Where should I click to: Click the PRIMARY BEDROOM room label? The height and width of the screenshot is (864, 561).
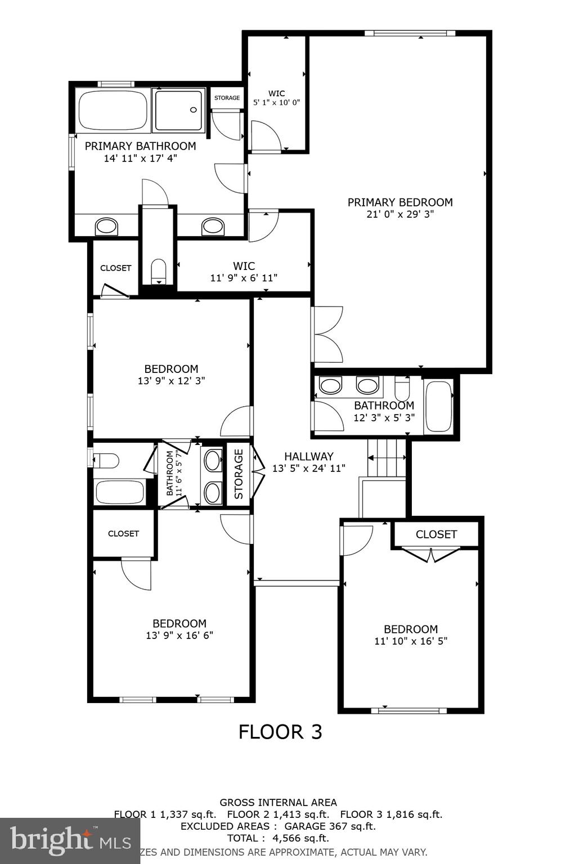pos(400,202)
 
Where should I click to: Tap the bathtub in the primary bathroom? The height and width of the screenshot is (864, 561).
pos(113,110)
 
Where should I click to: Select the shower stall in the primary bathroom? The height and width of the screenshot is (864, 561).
pos(179,110)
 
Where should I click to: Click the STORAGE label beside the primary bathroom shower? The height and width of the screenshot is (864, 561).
pos(227,98)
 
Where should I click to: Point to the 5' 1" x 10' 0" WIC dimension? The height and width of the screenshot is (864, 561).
pos(277,103)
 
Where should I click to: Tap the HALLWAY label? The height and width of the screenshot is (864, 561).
pos(308,456)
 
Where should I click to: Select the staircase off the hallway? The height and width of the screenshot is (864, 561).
pos(387,458)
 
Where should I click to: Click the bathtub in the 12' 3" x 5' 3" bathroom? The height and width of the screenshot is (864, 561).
pos(438,406)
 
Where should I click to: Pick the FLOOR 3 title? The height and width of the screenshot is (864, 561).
pos(280,732)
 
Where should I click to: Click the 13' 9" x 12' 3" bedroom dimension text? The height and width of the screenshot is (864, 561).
pos(171,381)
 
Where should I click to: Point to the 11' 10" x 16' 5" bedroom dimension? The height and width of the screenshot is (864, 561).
pos(411,641)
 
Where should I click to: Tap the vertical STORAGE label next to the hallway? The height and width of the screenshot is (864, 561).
pos(239,474)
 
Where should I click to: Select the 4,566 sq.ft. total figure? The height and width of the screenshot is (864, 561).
pos(300,838)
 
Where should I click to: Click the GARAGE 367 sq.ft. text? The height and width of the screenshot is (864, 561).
pos(330,826)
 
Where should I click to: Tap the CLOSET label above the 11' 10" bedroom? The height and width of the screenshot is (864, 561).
pos(436,534)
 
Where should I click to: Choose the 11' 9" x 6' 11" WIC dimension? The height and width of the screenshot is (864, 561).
pos(244,278)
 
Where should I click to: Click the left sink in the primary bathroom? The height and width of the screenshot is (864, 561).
pos(106,227)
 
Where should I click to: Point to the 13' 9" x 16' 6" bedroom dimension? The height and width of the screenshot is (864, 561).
pos(179,636)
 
